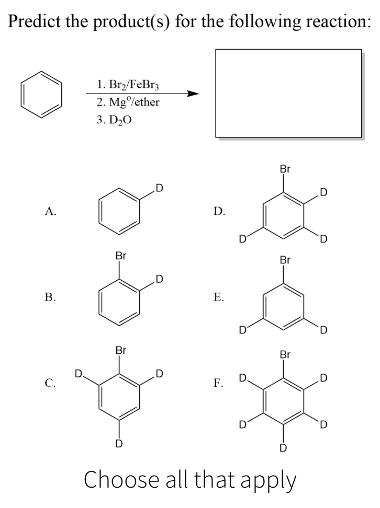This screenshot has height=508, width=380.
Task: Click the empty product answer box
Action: (x=289, y=94)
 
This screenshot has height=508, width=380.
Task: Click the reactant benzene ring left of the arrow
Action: (x=41, y=95)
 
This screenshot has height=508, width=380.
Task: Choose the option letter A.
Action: (x=50, y=211)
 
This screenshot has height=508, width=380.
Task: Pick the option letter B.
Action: (x=50, y=298)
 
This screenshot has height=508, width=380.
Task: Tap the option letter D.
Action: (x=220, y=211)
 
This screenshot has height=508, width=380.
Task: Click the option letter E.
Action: (x=220, y=298)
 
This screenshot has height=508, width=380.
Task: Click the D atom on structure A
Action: (x=159, y=187)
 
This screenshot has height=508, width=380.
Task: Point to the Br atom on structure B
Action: (x=121, y=257)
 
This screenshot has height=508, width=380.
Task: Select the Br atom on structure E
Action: (x=285, y=260)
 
